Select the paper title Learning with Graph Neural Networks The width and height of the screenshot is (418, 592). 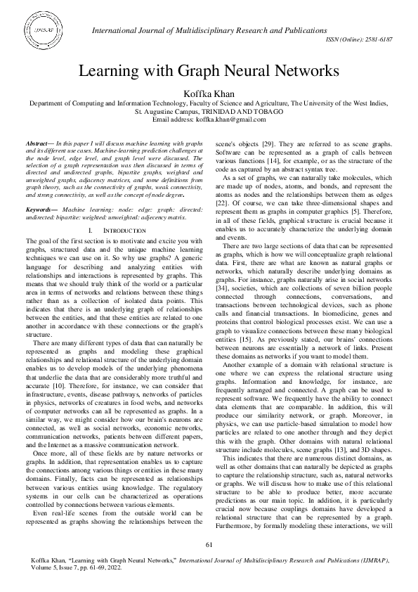(x=209, y=71)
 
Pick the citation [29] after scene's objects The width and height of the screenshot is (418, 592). (x=270, y=143)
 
